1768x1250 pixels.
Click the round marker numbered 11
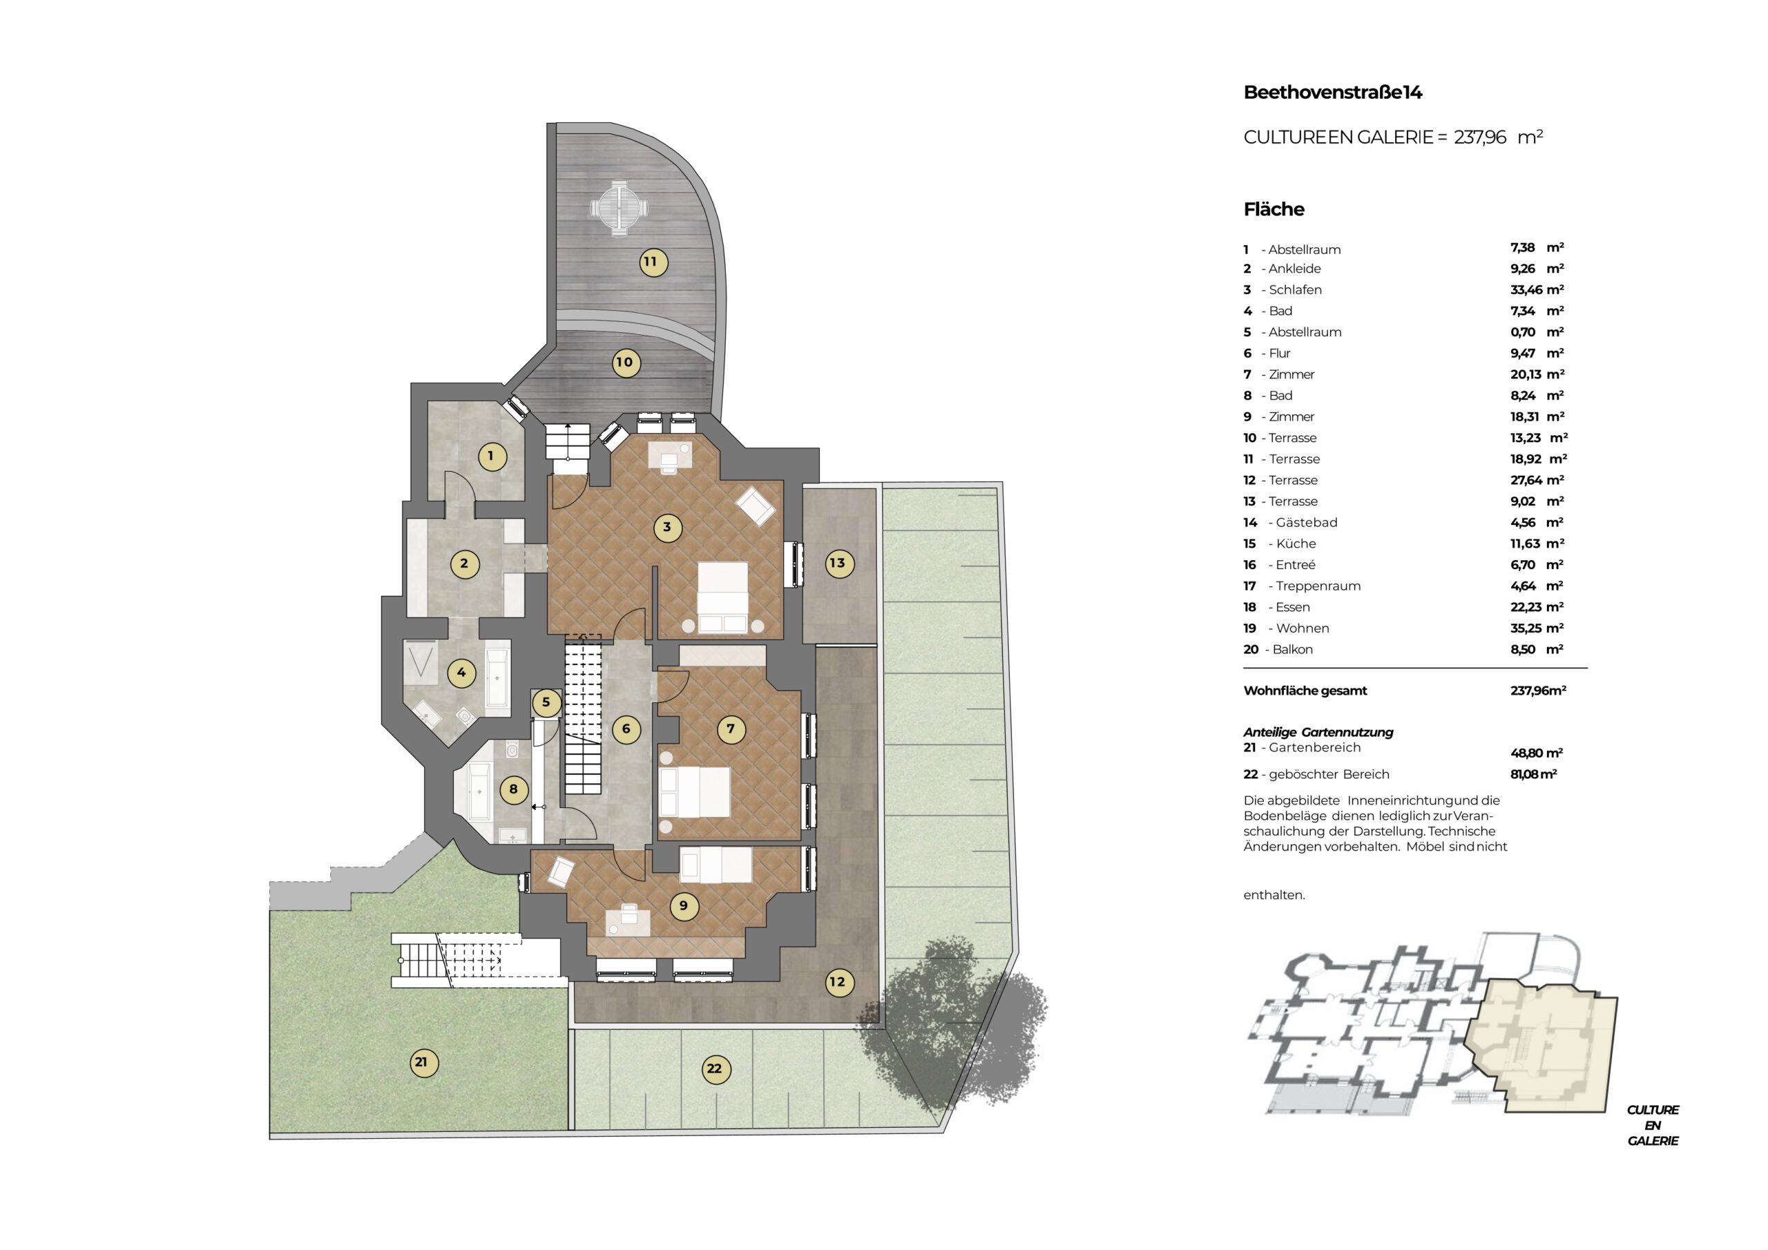coord(651,262)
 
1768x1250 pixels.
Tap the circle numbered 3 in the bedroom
coord(667,528)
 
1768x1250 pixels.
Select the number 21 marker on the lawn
coord(421,1063)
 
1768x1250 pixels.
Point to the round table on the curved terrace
coord(618,208)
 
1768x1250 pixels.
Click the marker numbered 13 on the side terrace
coord(837,563)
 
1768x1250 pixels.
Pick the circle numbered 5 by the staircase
coord(546,702)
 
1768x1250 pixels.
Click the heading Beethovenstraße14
coord(1332,93)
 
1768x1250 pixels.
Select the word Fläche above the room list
coord(1274,209)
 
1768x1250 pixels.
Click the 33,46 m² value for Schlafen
coord(1537,289)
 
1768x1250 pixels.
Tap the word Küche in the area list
coord(1296,544)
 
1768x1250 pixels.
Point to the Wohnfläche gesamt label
coord(1305,691)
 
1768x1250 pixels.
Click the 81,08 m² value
coord(1533,774)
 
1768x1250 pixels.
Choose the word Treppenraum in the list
coord(1318,586)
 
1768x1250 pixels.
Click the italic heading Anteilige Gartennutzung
coord(1318,733)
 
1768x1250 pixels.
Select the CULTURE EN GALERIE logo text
coord(1653,1125)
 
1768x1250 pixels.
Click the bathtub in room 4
coord(497,677)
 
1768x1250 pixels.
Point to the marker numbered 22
coord(715,1069)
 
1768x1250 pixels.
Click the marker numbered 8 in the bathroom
coord(514,789)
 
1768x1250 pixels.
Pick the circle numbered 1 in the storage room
coord(490,456)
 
